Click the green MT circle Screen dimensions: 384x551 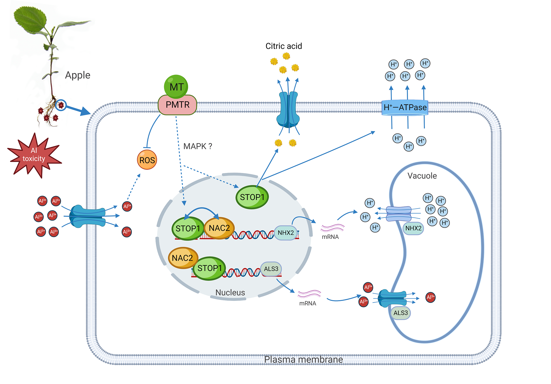pos(176,86)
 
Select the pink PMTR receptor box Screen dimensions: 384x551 pos(178,105)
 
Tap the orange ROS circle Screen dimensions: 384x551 pos(147,160)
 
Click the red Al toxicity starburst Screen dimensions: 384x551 pos(34,155)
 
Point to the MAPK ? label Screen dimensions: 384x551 pos(197,146)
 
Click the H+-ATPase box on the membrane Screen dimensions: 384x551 pos(405,107)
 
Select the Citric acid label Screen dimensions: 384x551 pos(284,46)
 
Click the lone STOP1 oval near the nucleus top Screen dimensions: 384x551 pos(252,197)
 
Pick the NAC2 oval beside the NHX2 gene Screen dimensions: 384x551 pos(219,228)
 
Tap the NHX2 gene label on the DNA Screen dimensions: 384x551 pos(286,233)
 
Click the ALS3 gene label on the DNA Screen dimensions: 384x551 pos(271,269)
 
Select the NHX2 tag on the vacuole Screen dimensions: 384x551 pos(413,228)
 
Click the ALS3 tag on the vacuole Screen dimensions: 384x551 pos(400,313)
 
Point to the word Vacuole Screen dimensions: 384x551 pos(422,176)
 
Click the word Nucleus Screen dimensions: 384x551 pos(230,293)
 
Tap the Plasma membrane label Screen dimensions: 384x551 pos(303,360)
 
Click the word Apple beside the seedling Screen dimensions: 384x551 pos(77,75)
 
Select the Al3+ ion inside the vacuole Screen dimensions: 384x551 pos(430,297)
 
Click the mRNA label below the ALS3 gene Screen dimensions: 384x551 pos(308,303)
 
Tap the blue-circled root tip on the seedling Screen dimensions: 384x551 pos(61,105)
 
